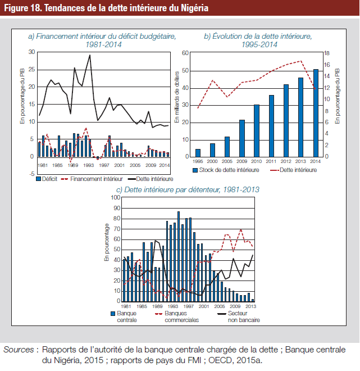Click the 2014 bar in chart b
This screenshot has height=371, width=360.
click(x=316, y=113)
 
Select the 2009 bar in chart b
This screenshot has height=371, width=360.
click(x=242, y=138)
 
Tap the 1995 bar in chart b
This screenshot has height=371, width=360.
click(x=198, y=153)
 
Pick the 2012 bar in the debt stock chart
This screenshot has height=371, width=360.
click(x=286, y=121)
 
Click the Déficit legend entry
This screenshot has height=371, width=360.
click(x=47, y=179)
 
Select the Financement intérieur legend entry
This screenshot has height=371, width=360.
click(x=92, y=179)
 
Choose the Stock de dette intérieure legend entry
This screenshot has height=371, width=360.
click(x=226, y=170)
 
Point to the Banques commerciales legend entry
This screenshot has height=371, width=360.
click(x=177, y=316)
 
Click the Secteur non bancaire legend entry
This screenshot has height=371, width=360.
click(x=239, y=316)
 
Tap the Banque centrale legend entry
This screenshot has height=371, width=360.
click(x=124, y=316)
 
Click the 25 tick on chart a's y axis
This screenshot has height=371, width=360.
click(x=31, y=70)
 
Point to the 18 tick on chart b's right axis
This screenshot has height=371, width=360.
click(x=327, y=53)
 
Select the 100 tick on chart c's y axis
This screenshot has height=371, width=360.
click(x=116, y=197)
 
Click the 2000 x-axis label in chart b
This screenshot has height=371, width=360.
click(x=212, y=161)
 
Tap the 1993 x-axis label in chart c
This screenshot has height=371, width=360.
click(x=173, y=306)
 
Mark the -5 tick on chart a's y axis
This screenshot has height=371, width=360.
click(x=31, y=174)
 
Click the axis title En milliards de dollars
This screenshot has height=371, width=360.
click(x=177, y=97)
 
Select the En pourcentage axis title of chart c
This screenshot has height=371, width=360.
click(x=107, y=242)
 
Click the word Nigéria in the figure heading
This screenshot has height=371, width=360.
click(x=194, y=8)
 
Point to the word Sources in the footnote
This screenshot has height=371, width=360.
click(x=19, y=350)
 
